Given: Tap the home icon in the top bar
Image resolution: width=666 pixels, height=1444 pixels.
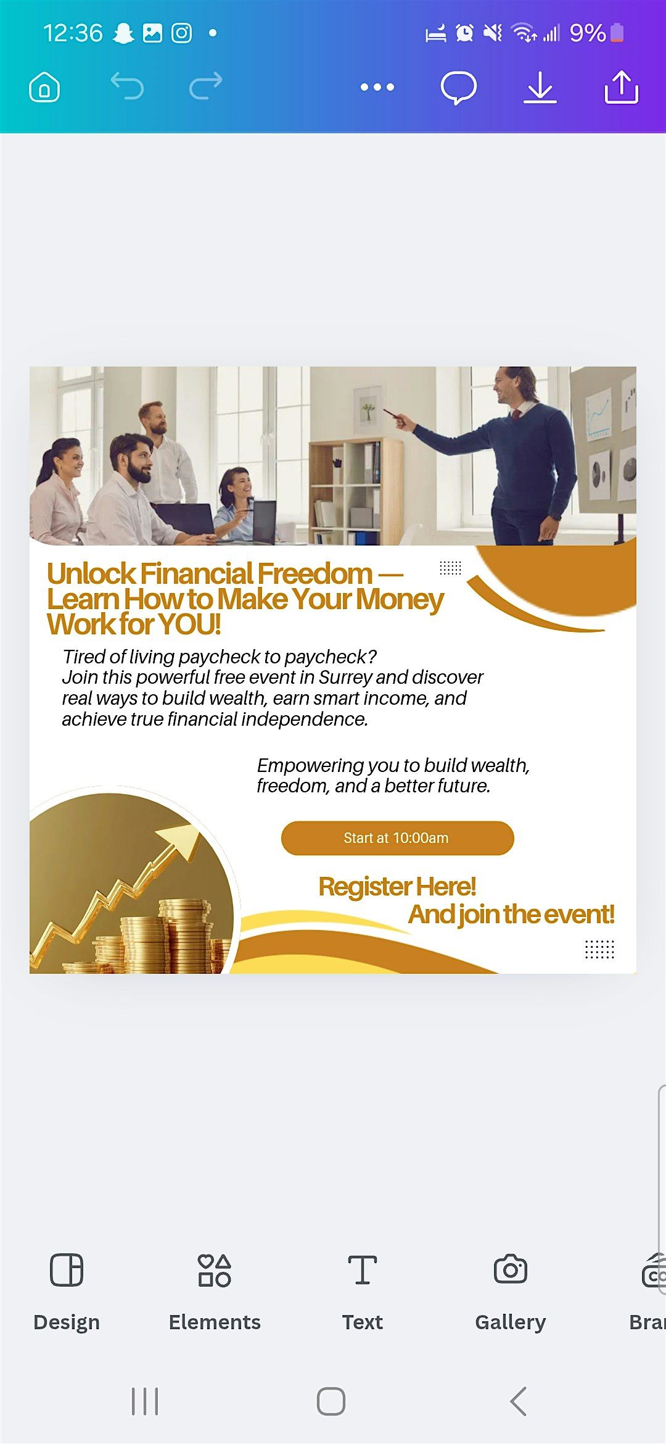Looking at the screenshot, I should pyautogui.click(x=44, y=87).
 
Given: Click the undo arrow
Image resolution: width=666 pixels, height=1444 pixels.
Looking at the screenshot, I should pyautogui.click(x=127, y=86).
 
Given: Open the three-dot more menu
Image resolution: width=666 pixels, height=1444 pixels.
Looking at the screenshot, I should pyautogui.click(x=377, y=87).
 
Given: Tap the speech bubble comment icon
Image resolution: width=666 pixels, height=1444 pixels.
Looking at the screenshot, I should pyautogui.click(x=458, y=87).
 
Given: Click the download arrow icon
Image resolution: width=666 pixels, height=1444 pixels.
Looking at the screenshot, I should pyautogui.click(x=540, y=87).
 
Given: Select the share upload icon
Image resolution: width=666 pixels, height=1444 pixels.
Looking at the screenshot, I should pyautogui.click(x=621, y=87).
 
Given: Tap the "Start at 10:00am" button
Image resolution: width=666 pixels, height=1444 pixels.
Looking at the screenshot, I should pyautogui.click(x=397, y=838).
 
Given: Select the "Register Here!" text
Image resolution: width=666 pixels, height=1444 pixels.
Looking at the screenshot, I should pyautogui.click(x=397, y=887).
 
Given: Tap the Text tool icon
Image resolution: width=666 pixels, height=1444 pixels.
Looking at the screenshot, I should pyautogui.click(x=363, y=1270).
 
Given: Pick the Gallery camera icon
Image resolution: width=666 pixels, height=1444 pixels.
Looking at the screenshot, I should pyautogui.click(x=511, y=1270).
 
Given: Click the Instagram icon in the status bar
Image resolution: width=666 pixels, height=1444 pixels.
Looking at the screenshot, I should pyautogui.click(x=181, y=33).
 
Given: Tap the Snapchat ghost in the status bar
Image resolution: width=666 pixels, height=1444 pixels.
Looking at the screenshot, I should pyautogui.click(x=123, y=33).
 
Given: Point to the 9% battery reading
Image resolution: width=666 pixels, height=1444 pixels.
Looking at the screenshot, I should pyautogui.click(x=588, y=33).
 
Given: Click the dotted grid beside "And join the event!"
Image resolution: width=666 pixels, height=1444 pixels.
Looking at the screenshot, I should pyautogui.click(x=599, y=949).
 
